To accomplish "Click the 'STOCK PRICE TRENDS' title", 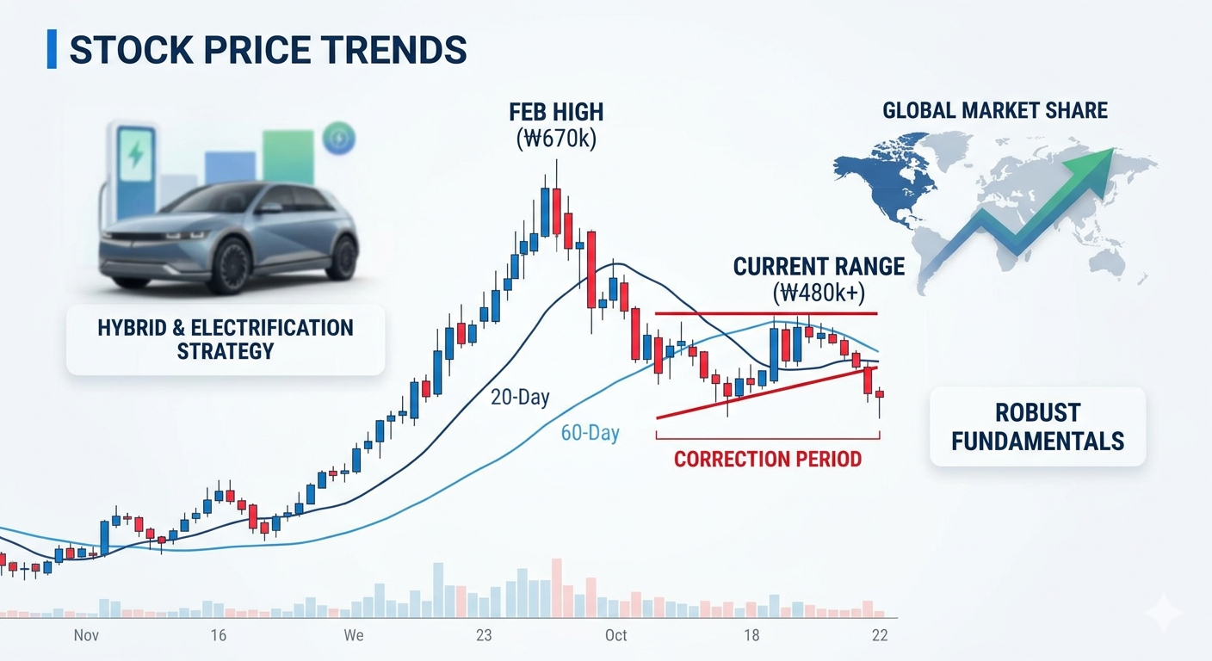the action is coord(269,50).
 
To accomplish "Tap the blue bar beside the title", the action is coord(52,49).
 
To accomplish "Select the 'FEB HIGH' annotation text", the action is coord(556,112).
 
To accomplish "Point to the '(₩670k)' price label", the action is coord(556,139).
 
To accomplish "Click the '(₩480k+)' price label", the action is coord(819,293).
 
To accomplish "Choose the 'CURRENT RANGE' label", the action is coord(819,267).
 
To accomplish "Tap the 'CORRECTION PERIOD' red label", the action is coord(768,460).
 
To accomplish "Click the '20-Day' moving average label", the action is coord(520,398).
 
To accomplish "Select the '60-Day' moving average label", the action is coord(590,433).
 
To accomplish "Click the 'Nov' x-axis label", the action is coord(86,635).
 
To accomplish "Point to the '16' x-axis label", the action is coord(218,635).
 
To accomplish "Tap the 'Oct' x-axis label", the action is coord(615,635).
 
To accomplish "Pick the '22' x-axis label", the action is coord(880,635).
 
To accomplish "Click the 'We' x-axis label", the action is coord(353,635).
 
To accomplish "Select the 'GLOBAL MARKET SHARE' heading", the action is coord(995,110).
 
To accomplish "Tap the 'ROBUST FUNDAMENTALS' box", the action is coord(1038,427).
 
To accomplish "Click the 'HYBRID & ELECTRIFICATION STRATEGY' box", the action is coord(226,340).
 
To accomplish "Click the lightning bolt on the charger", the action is coord(135,155).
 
